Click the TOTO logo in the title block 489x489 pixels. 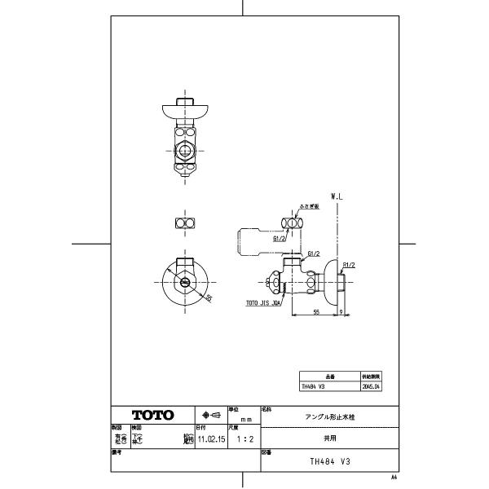[153, 415]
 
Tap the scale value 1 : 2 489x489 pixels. [243, 438]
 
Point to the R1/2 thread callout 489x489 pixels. [349, 264]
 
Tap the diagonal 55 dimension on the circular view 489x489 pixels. [208, 298]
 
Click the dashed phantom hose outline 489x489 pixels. [249, 241]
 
